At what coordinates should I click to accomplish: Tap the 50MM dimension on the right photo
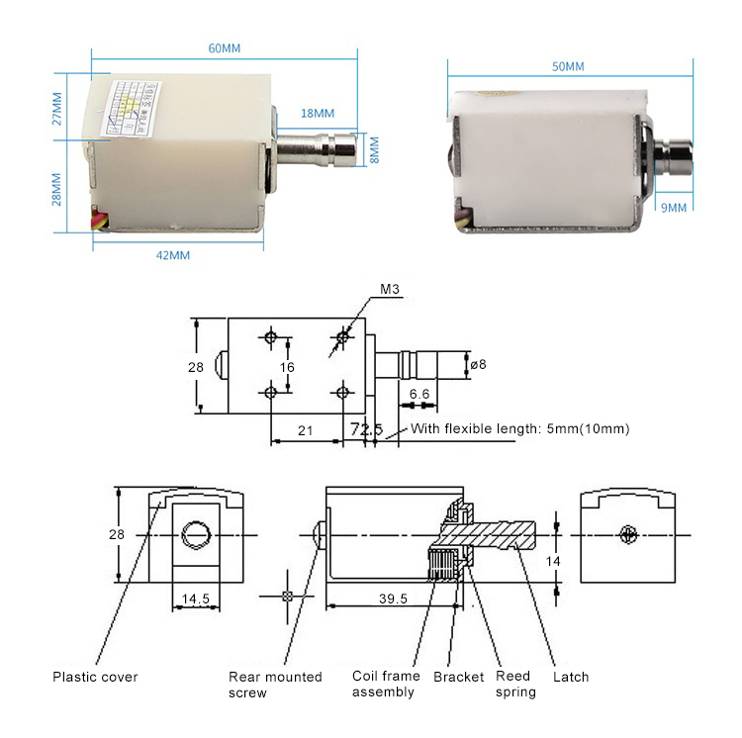click(x=568, y=66)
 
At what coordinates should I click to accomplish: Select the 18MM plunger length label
click(x=318, y=114)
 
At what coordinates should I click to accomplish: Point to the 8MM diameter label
click(x=374, y=149)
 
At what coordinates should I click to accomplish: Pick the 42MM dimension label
click(x=172, y=254)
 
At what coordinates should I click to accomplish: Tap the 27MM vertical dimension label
click(x=56, y=109)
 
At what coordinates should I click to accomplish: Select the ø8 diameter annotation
click(x=478, y=365)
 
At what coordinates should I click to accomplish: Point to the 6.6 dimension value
click(x=419, y=394)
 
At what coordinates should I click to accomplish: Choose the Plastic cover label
click(x=95, y=678)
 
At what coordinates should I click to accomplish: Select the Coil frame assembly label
click(x=385, y=684)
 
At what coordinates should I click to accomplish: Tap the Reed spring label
click(x=515, y=684)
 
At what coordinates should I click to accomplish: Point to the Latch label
click(x=570, y=677)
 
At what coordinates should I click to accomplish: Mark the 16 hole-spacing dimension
click(x=287, y=366)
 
